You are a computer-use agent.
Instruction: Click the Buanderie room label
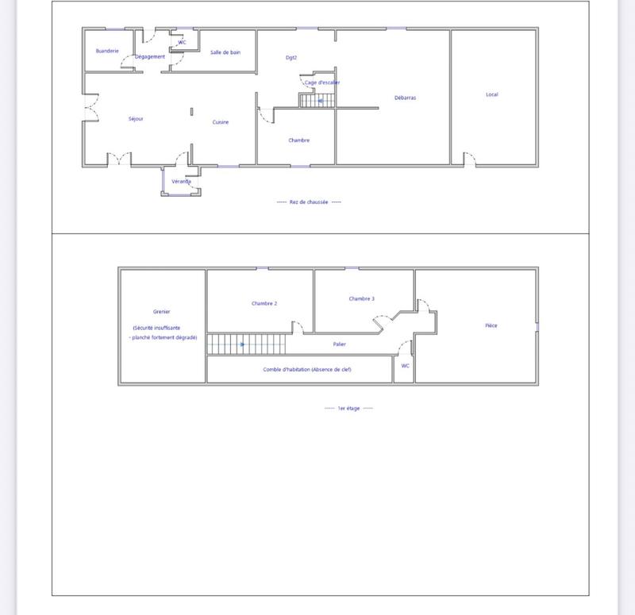pyautogui.click(x=107, y=51)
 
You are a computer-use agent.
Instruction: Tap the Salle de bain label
pyautogui.click(x=225, y=52)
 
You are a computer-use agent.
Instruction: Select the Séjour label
pyautogui.click(x=136, y=119)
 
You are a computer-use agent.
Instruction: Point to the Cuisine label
pyautogui.click(x=221, y=122)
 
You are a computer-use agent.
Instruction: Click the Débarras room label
pyautogui.click(x=405, y=98)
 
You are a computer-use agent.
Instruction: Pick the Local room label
pyautogui.click(x=492, y=95)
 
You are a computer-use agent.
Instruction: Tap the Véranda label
pyautogui.click(x=181, y=182)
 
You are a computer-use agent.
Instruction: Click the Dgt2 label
pyautogui.click(x=291, y=57)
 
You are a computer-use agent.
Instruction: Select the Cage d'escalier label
pyautogui.click(x=322, y=83)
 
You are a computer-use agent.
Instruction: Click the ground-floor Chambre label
pyautogui.click(x=299, y=140)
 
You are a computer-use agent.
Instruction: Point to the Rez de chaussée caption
pyautogui.click(x=309, y=202)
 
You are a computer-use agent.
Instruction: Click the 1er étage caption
pyautogui.click(x=348, y=409)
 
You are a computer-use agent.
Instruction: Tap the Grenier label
pyautogui.click(x=162, y=312)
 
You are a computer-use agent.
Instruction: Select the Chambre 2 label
pyautogui.click(x=264, y=303)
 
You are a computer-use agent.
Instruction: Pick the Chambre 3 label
pyautogui.click(x=361, y=299)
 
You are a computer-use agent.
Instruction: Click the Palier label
pyautogui.click(x=340, y=344)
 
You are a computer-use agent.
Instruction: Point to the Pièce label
pyautogui.click(x=491, y=325)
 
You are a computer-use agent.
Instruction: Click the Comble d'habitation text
pyautogui.click(x=307, y=370)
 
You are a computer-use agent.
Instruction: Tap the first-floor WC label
pyautogui.click(x=405, y=366)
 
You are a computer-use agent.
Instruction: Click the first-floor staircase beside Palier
pyautogui.click(x=246, y=344)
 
